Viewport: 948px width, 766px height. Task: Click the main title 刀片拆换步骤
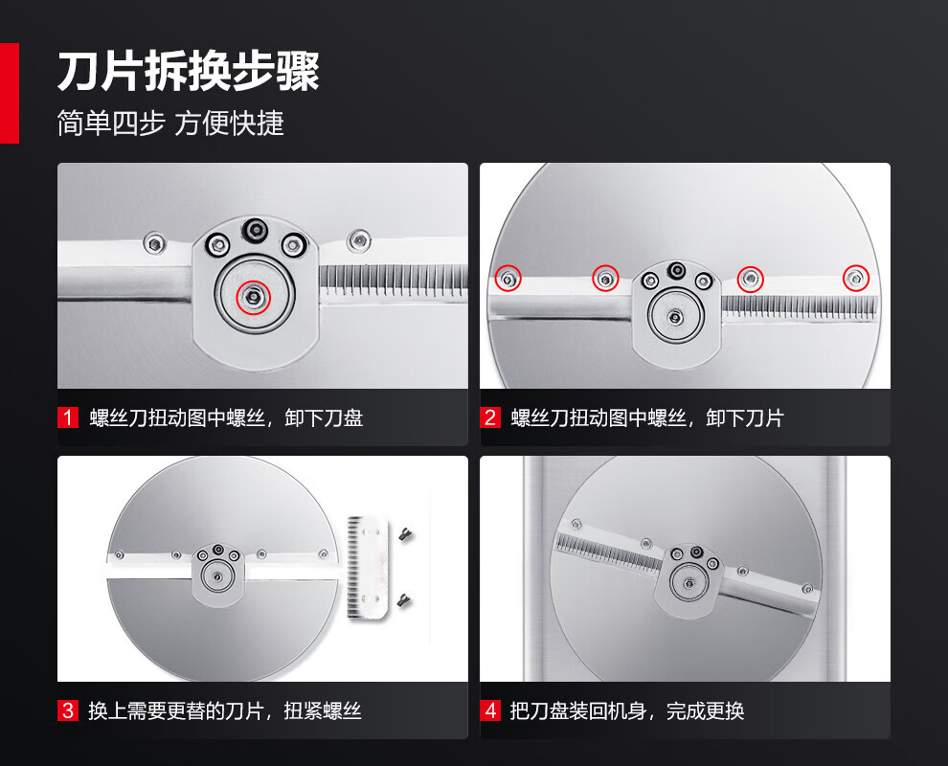click(x=188, y=72)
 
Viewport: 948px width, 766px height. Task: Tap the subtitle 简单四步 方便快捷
click(x=170, y=124)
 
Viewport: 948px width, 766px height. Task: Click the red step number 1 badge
click(x=68, y=417)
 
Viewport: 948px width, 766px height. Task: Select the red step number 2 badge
click(x=489, y=417)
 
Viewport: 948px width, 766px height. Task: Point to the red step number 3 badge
click(x=68, y=710)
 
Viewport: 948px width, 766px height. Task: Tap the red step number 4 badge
click(x=489, y=710)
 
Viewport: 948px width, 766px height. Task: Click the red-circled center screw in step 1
click(x=253, y=297)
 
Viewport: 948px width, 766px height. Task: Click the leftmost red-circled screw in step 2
click(x=508, y=279)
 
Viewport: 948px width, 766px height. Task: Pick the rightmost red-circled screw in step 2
click(x=855, y=278)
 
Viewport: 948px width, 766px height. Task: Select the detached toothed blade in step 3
click(x=367, y=567)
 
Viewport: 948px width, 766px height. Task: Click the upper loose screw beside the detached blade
click(x=405, y=534)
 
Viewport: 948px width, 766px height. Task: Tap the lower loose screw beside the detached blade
click(x=404, y=600)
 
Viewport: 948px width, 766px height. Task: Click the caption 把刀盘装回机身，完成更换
click(x=626, y=711)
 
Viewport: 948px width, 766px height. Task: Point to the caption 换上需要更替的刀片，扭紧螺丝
click(x=224, y=711)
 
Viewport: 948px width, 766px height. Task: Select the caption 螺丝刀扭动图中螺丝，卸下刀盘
click(x=226, y=418)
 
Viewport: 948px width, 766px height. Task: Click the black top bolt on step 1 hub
click(x=255, y=229)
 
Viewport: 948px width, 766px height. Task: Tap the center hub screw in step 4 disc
click(x=689, y=583)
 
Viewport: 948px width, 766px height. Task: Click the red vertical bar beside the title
click(x=9, y=93)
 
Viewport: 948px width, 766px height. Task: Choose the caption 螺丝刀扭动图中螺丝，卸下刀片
click(x=647, y=418)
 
